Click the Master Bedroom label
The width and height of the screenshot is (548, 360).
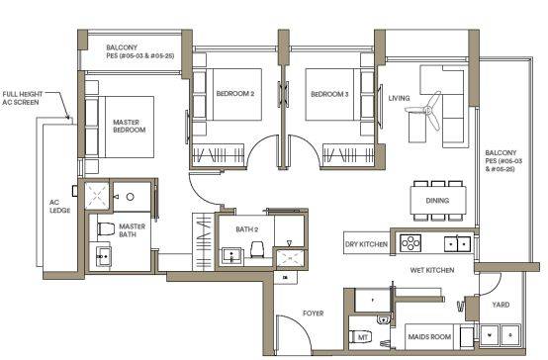pos(129,126)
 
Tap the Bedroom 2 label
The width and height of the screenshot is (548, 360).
pos(235,94)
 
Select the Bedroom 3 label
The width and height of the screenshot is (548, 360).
pos(329,94)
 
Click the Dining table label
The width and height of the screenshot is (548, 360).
pos(437,201)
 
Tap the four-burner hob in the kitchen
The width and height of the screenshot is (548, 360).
pos(411,243)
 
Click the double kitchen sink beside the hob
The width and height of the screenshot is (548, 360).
pos(457,243)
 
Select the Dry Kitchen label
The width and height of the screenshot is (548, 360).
pos(366,244)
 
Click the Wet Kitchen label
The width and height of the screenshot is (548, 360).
pos(432,270)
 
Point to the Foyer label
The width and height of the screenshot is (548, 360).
pos(314,314)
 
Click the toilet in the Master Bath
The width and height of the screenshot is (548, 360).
pos(106,229)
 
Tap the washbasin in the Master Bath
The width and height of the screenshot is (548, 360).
pos(104,256)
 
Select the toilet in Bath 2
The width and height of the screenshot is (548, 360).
pos(257,249)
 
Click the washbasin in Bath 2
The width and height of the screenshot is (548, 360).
pos(231,255)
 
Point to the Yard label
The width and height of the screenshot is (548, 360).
pos(501,305)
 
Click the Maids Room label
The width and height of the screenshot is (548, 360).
pos(429,337)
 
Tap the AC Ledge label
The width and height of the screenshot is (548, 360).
pos(59,207)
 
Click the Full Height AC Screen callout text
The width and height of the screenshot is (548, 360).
pos(23,98)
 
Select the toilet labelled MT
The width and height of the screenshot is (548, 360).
pos(361,337)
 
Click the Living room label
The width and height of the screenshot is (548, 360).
pos(399,98)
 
